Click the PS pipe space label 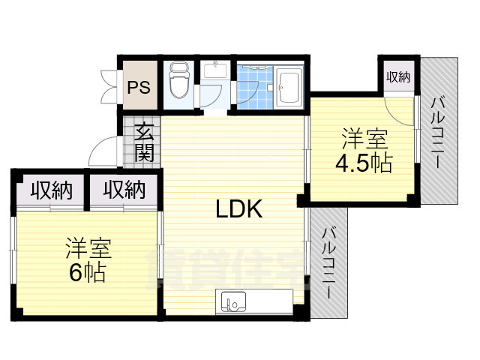(x=138, y=86)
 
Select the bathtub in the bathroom (x=289, y=85)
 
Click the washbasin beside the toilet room (x=217, y=72)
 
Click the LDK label (x=238, y=209)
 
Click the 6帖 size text (x=87, y=272)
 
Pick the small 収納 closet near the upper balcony (x=397, y=76)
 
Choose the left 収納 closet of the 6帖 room (x=51, y=190)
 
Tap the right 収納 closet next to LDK (x=124, y=190)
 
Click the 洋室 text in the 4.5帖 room (x=365, y=139)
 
